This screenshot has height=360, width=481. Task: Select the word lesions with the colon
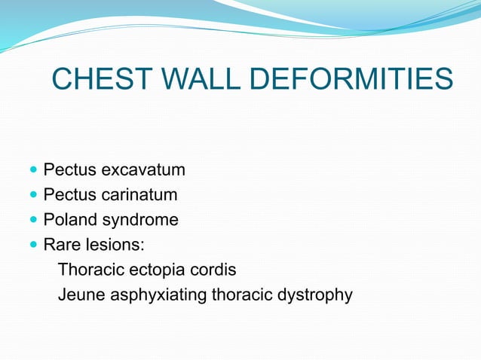(114, 245)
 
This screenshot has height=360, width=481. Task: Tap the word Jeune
(81, 294)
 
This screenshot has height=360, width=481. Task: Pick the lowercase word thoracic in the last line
(242, 294)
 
